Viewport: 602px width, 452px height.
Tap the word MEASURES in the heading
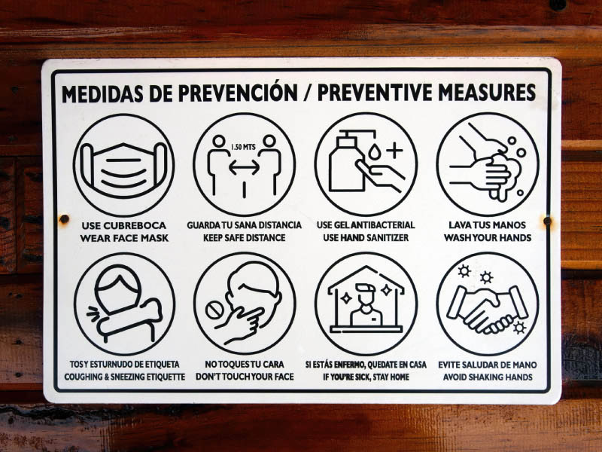click(487, 92)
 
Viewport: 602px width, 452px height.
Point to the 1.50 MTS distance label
click(243, 147)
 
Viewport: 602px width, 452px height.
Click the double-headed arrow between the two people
click(244, 167)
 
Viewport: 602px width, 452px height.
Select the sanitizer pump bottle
click(347, 160)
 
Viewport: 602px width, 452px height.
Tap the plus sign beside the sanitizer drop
click(394, 150)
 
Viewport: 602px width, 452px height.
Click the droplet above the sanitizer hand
click(374, 152)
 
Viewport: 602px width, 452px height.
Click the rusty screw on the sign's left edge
click(64, 219)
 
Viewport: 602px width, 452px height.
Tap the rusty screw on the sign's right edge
click(547, 221)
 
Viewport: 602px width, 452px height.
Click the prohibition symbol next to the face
click(213, 310)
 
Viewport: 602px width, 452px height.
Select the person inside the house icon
click(366, 304)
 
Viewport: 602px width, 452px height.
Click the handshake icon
click(487, 310)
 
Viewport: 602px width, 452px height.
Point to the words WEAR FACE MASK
click(124, 238)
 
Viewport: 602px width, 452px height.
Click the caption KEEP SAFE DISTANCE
click(244, 238)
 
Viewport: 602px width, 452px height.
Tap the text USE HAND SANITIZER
click(366, 238)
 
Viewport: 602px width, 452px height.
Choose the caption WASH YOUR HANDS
click(488, 238)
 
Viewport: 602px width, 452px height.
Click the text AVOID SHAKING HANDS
click(488, 377)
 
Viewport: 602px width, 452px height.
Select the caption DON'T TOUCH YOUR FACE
click(245, 377)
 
